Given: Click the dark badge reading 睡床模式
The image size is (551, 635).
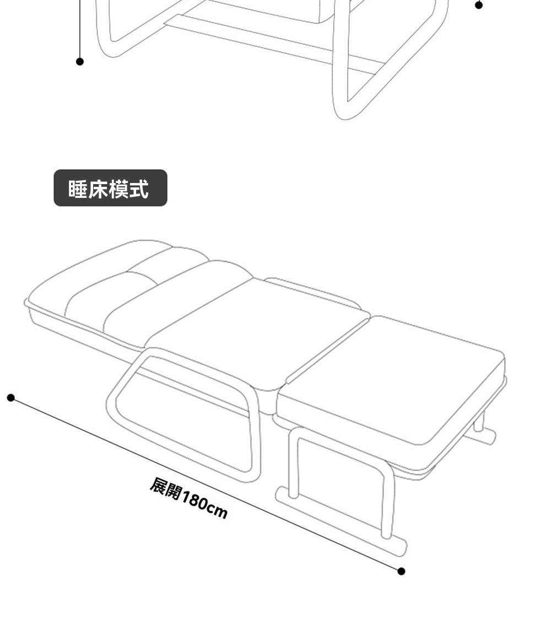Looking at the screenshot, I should pyautogui.click(x=110, y=188).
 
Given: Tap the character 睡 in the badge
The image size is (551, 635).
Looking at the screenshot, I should pyautogui.click(x=77, y=189).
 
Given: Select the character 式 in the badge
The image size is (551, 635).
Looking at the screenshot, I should pyautogui.click(x=139, y=189).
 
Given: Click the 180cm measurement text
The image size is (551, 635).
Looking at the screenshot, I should pyautogui.click(x=204, y=505).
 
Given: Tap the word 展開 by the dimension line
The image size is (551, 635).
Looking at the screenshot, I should pyautogui.click(x=165, y=488).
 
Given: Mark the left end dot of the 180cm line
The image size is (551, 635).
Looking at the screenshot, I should pyautogui.click(x=10, y=397).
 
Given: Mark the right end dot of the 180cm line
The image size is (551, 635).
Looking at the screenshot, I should pyautogui.click(x=401, y=571).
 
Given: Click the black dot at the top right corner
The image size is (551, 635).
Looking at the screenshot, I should pyautogui.click(x=478, y=5).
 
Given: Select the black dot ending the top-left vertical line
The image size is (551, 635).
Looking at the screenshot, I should pyautogui.click(x=80, y=61).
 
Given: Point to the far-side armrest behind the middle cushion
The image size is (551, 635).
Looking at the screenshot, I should pyautogui.click(x=314, y=290).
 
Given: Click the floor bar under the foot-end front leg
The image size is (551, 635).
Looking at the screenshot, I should pyautogui.click(x=342, y=521).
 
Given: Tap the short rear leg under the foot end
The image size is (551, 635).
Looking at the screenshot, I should pyautogui.click(x=479, y=422).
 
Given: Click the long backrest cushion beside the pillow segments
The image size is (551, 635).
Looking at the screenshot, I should pyautogui.click(x=176, y=298).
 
